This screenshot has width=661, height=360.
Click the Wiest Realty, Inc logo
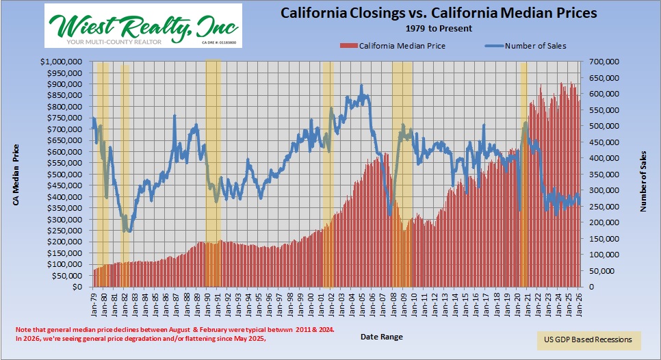[142, 25]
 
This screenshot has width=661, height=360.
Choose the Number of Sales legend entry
[526, 46]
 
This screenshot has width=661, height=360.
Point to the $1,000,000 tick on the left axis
[63, 62]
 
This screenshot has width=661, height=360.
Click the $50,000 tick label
[68, 275]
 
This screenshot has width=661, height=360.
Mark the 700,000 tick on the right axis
[601, 62]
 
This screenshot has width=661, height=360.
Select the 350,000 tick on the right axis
[601, 174]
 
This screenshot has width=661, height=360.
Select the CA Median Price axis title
[16, 174]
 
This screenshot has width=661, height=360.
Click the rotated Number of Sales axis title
[643, 174]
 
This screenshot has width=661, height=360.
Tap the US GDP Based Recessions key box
[588, 340]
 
